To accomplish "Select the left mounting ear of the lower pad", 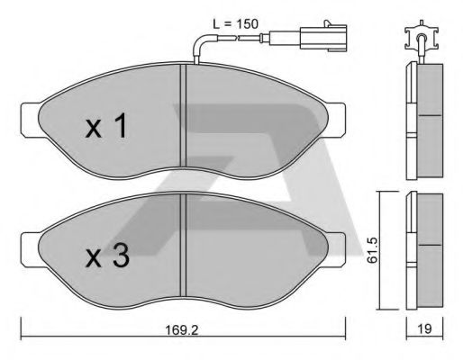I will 28,245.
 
